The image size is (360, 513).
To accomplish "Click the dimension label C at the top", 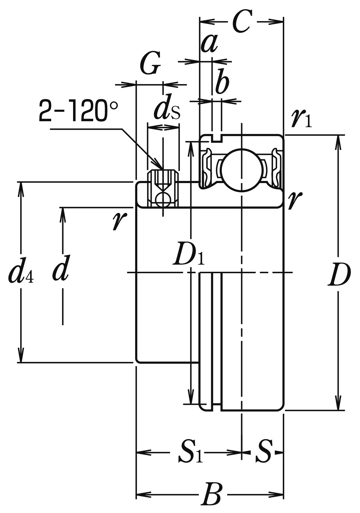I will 242,22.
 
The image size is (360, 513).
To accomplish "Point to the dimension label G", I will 150,64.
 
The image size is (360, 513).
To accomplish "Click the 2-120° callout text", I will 78,111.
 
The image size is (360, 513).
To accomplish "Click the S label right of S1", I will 263,452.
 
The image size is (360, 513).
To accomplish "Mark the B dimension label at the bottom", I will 211,494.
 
